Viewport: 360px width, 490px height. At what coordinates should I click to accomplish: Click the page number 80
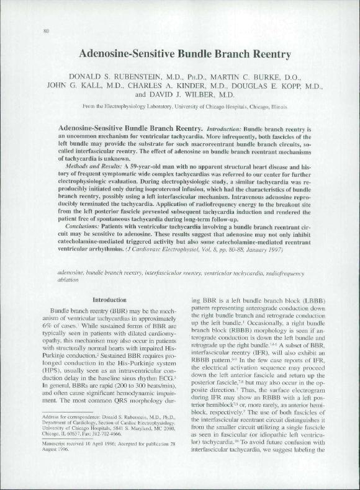(47, 30)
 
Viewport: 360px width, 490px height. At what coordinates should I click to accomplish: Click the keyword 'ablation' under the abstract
(68, 280)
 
